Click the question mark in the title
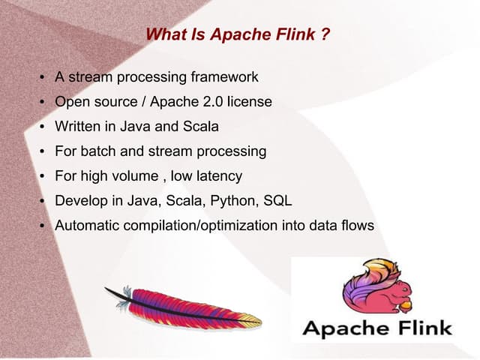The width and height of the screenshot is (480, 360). coord(325,34)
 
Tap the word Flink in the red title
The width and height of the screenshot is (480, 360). coord(297,34)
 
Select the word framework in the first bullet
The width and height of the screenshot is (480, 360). coord(225,76)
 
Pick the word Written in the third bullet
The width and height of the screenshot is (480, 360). coord(77,126)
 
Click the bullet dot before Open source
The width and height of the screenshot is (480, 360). coord(42,102)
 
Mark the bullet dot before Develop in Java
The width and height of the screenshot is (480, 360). coord(42,202)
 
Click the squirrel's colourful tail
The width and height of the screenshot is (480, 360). coord(370,282)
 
